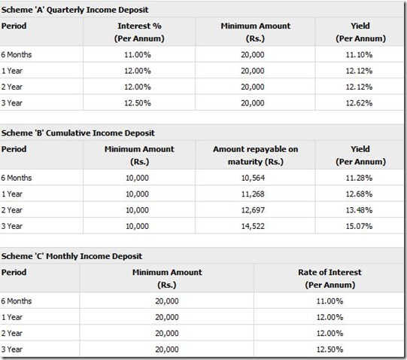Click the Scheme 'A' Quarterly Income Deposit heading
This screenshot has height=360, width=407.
tap(74, 10)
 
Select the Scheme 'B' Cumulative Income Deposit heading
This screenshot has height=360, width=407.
tap(78, 133)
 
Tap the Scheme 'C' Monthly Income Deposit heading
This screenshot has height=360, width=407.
tap(71, 256)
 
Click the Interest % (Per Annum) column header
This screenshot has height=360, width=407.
tap(139, 32)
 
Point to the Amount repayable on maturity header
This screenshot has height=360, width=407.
tap(256, 155)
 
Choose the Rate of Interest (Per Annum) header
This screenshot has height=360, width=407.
tap(330, 279)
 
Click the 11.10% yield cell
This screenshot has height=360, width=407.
tap(359, 55)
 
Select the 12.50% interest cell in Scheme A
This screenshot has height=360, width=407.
tap(138, 103)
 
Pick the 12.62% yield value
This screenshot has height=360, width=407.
tap(359, 103)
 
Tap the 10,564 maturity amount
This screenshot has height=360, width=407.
tap(253, 178)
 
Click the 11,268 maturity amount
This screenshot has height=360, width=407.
tap(253, 194)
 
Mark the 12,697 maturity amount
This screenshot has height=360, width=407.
tap(253, 210)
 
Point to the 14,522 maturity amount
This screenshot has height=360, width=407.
tap(253, 227)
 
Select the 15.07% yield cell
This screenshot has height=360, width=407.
tap(359, 227)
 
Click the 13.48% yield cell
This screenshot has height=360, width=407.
tap(359, 210)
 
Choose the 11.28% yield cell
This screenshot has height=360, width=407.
tap(359, 178)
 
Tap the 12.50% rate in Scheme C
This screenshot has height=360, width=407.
tap(330, 349)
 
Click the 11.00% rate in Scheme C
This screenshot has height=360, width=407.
tap(330, 301)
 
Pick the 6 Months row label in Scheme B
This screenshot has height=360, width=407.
tap(17, 178)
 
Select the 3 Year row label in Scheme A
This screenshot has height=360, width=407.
tap(12, 103)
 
